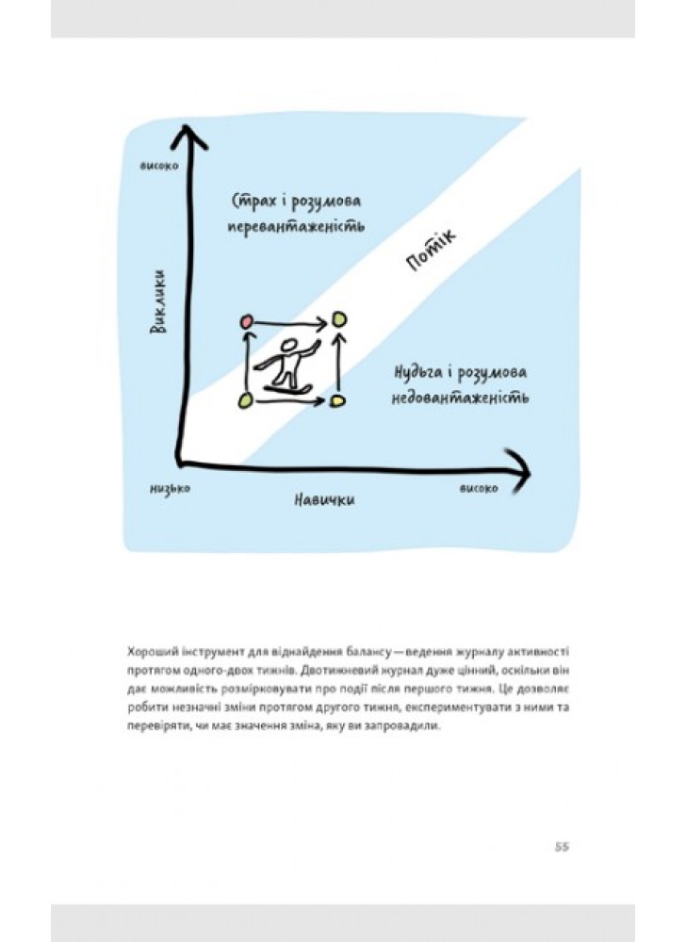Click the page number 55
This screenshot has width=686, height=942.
pyautogui.click(x=562, y=847)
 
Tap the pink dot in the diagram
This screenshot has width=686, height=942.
pyautogui.click(x=246, y=322)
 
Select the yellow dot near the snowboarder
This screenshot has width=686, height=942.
pyautogui.click(x=337, y=400)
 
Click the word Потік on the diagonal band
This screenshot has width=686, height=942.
pyautogui.click(x=431, y=251)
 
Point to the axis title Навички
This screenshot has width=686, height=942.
pyautogui.click(x=324, y=500)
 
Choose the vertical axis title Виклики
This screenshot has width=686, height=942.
pyautogui.click(x=158, y=302)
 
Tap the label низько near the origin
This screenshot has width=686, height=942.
pyautogui.click(x=170, y=488)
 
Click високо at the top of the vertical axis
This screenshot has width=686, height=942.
pyautogui.click(x=159, y=165)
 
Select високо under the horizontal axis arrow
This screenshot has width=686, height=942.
pyautogui.click(x=478, y=488)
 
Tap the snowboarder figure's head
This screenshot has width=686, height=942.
pyautogui.click(x=289, y=346)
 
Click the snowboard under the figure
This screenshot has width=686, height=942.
pyautogui.click(x=287, y=390)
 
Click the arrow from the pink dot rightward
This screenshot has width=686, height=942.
pyautogui.click(x=290, y=323)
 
